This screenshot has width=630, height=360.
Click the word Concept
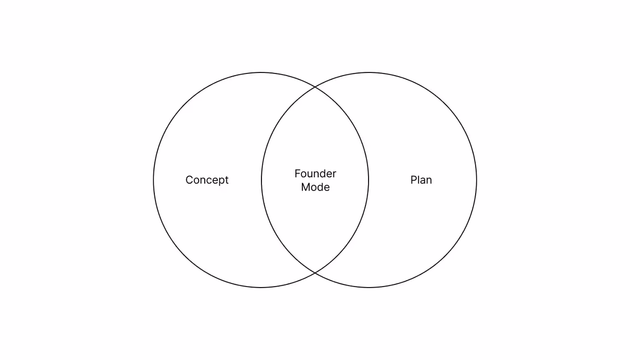click(x=207, y=180)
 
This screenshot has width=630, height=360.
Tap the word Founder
click(x=316, y=174)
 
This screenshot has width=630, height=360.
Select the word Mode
click(x=316, y=187)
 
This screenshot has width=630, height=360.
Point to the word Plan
click(x=421, y=180)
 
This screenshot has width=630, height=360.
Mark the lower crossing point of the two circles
click(x=315, y=272)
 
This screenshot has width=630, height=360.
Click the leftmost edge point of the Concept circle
click(x=153, y=180)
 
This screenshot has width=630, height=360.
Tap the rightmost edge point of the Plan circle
click(x=477, y=180)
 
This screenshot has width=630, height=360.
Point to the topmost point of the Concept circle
click(x=261, y=72)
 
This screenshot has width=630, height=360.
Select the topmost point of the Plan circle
click(x=369, y=72)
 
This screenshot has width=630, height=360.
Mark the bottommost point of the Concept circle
click(x=261, y=287)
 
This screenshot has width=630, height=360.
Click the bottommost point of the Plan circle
click(x=369, y=287)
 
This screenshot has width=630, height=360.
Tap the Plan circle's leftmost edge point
click(x=261, y=180)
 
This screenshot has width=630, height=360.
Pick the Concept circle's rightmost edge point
click(x=369, y=180)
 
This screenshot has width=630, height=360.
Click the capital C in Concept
click(x=190, y=180)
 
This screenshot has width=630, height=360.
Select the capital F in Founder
click(x=298, y=174)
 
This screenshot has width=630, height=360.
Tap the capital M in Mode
click(x=305, y=187)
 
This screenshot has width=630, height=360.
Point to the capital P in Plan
click(x=414, y=180)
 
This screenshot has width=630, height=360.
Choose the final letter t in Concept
click(x=227, y=180)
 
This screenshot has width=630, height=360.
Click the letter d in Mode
click(x=321, y=187)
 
